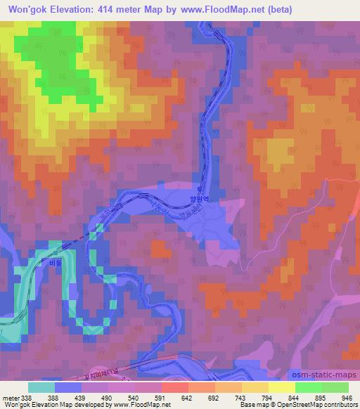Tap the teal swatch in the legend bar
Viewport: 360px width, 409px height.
41,387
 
